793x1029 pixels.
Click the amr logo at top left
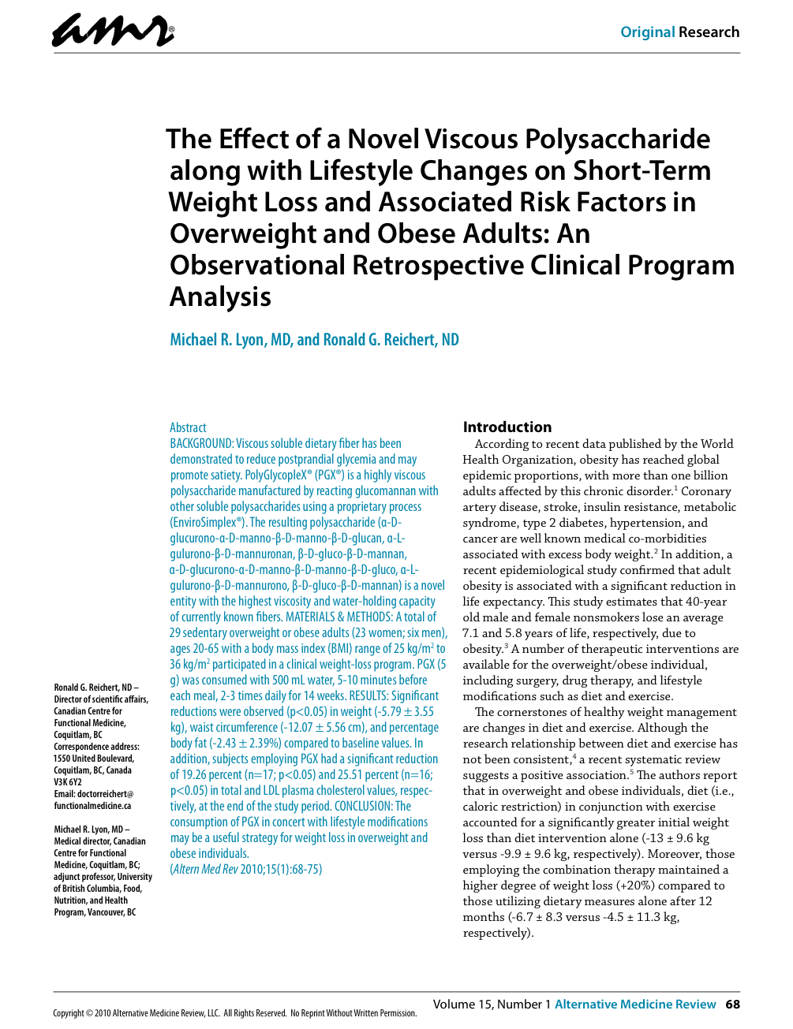[x=113, y=32]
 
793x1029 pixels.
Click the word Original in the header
[x=647, y=32]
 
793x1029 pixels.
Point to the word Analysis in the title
[x=220, y=297]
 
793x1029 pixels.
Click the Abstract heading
[x=188, y=427]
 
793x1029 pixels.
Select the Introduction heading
[x=507, y=427]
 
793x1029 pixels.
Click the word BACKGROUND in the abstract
[x=201, y=443]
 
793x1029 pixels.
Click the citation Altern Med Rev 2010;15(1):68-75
[x=246, y=869]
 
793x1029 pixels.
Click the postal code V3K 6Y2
[x=68, y=782]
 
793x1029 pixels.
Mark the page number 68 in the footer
[x=732, y=1005]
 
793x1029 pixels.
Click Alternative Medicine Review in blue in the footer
[x=635, y=1005]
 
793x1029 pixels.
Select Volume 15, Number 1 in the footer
[x=492, y=1005]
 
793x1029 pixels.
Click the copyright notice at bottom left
[x=234, y=1013]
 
